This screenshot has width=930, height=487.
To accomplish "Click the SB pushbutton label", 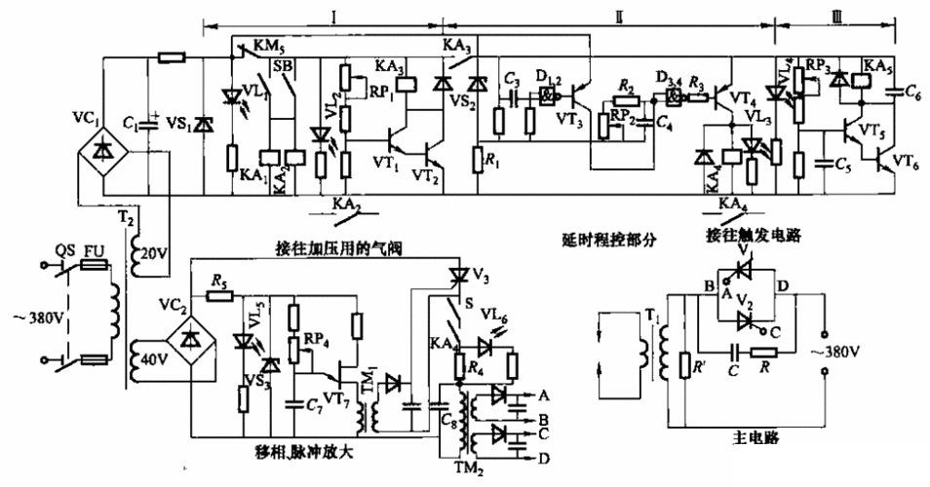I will (x=283, y=66).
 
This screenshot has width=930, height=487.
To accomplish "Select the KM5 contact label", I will (x=266, y=46).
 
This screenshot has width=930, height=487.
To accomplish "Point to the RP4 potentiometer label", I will (x=316, y=340).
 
